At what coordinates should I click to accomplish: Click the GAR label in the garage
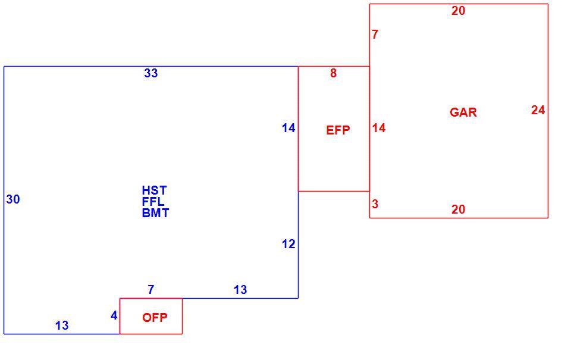point(463,112)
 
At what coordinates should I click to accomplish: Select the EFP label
point(338,130)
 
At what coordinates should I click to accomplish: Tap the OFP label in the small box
point(155,318)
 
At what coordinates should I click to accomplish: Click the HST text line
point(155,190)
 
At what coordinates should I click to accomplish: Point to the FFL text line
point(153,202)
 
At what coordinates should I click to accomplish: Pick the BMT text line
point(156,213)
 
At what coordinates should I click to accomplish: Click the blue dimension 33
point(151,73)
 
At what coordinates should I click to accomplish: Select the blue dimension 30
point(13,199)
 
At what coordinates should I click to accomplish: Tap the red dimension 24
point(538,110)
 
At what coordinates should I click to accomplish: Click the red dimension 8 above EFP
point(333,73)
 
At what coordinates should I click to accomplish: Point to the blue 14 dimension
point(288,128)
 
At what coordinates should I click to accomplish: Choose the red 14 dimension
point(379,128)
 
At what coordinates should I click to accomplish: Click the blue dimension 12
point(288,244)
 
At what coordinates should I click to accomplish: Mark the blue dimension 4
point(114,315)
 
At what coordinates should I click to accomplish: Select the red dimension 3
point(375,204)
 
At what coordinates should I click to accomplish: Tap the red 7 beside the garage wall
point(375,35)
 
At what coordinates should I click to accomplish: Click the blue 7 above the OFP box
point(151,290)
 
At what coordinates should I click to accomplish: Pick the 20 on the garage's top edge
point(459,11)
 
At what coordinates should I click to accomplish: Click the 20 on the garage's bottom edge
point(459,209)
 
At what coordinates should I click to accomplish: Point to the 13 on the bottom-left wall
point(62,325)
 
